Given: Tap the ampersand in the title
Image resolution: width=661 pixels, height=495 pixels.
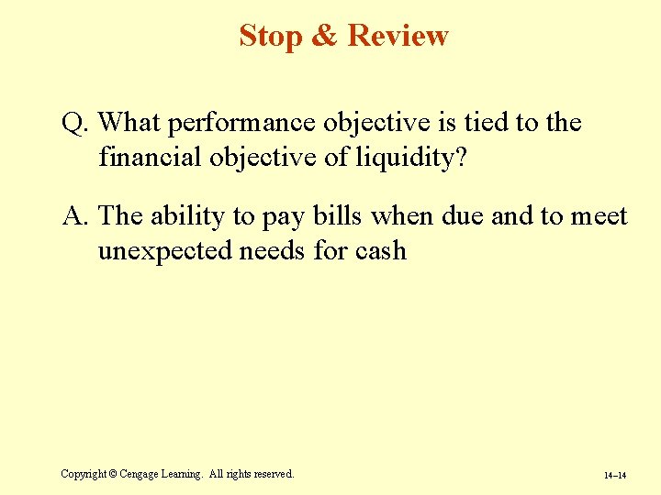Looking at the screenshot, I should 325,36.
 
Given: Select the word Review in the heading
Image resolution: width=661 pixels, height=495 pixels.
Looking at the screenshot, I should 398,36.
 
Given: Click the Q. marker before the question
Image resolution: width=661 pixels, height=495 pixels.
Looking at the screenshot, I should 75,123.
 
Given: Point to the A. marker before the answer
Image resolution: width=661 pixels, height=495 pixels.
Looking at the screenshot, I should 75,216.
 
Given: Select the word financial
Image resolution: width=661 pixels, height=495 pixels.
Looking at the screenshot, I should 151,158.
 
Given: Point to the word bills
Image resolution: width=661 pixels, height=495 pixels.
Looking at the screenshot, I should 336,216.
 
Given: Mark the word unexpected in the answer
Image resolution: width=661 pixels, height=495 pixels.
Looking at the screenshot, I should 164,251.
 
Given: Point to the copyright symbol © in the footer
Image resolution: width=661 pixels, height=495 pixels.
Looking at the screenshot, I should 113,474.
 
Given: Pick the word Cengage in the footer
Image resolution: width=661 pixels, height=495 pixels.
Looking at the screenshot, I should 141,474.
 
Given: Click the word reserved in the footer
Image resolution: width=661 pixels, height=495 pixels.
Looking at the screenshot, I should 270,474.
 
